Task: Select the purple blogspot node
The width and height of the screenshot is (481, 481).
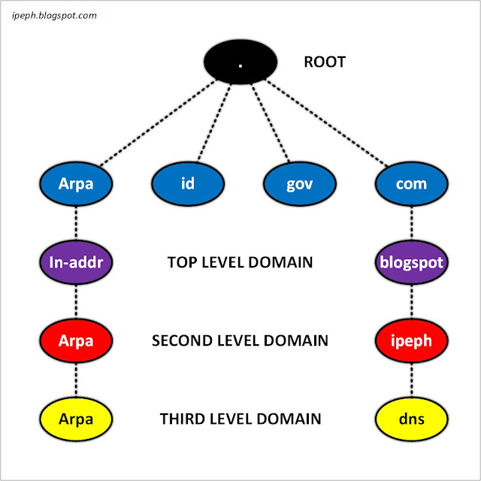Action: (x=412, y=263)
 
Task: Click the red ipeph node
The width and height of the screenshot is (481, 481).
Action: (x=412, y=340)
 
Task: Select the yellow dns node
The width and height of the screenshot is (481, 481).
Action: (x=412, y=419)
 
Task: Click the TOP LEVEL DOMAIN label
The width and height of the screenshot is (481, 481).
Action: (x=239, y=263)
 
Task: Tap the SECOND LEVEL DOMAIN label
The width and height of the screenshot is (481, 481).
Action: (x=240, y=340)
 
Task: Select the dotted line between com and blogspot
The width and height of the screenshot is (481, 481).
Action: (x=412, y=223)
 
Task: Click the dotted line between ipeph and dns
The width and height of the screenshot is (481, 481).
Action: (x=412, y=380)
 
